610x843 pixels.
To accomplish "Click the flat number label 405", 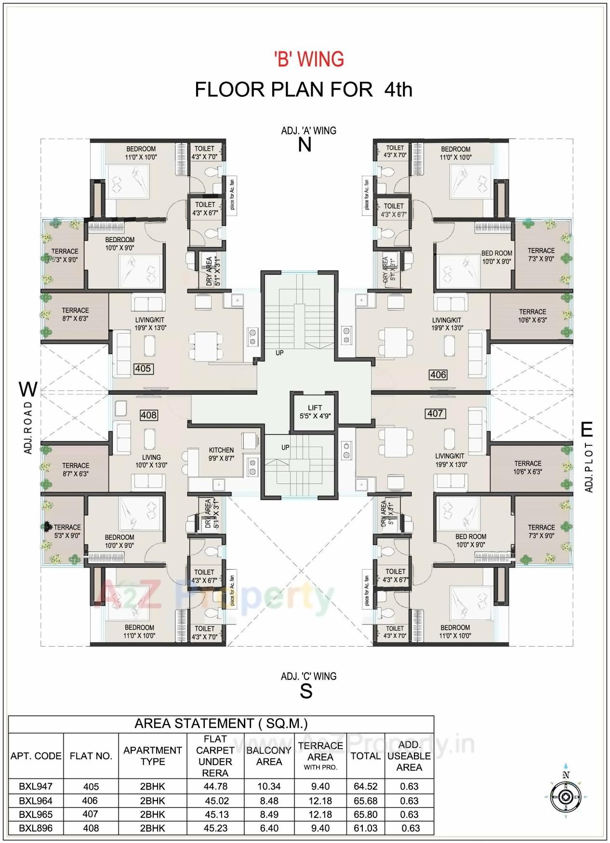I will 143,369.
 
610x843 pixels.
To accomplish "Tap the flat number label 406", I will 438,375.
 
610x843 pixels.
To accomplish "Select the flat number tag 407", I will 435,414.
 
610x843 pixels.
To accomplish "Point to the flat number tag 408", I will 148,415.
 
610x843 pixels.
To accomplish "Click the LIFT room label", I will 315,412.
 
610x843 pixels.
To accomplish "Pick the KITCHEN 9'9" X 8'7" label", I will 221,454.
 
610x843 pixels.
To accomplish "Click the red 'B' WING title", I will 309,60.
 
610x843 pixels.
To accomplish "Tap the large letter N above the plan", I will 305,145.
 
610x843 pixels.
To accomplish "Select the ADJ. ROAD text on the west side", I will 28,427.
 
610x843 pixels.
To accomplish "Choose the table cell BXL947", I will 36,786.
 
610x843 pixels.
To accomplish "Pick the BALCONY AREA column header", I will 269,756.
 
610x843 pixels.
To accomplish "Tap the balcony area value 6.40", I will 269,828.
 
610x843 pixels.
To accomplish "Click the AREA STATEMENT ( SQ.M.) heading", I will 221,724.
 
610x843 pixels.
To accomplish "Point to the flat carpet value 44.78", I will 215,786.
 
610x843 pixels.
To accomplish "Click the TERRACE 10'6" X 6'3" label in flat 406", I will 532,316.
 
